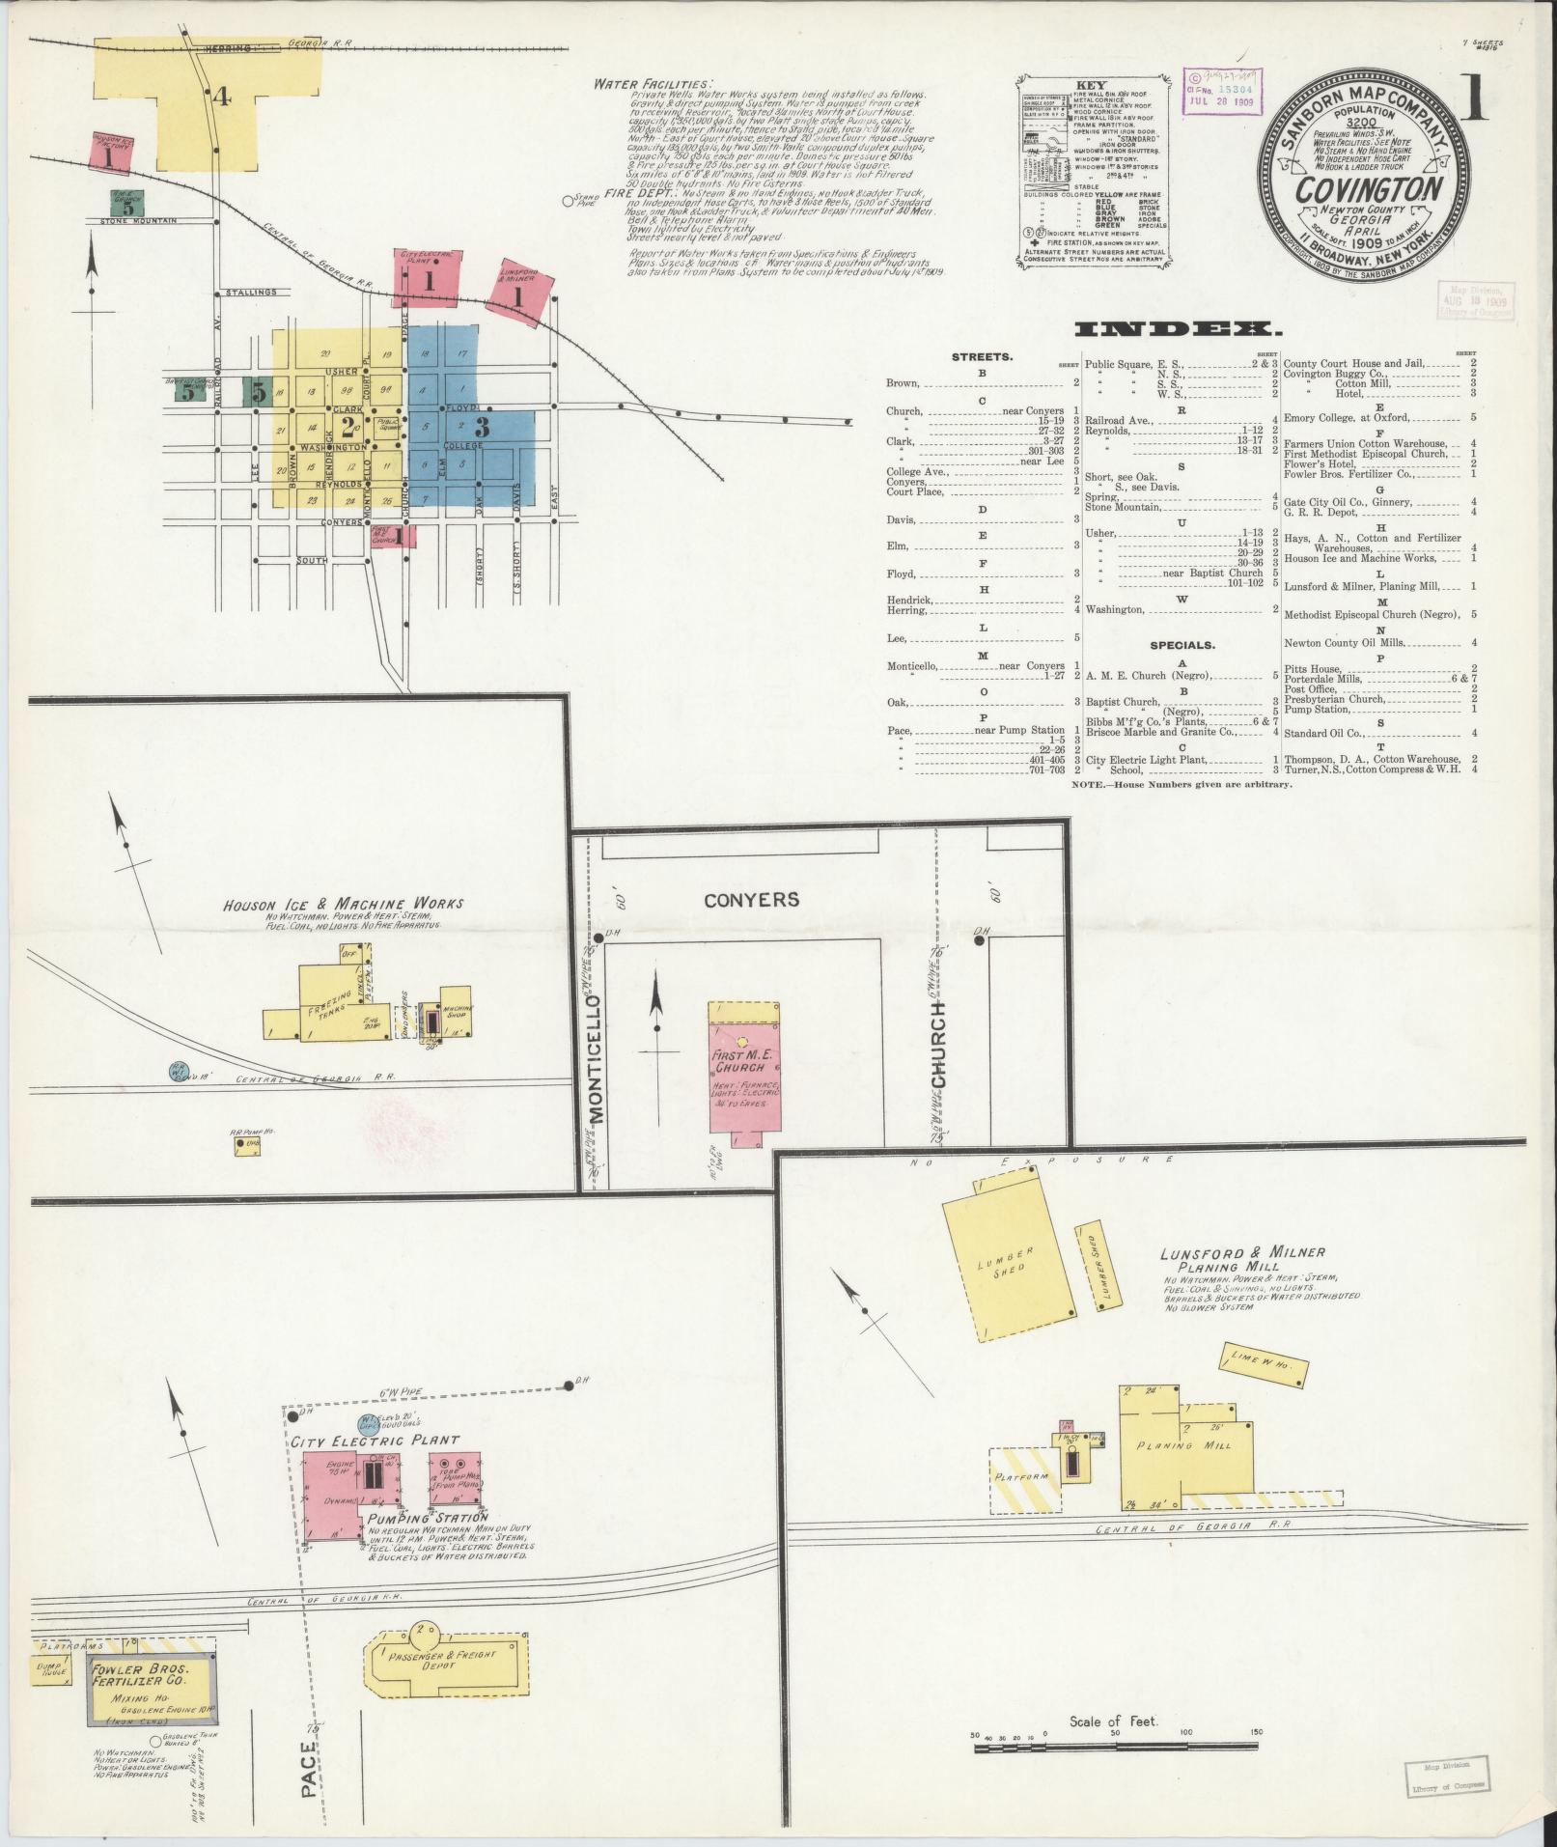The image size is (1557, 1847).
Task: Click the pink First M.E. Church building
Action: (x=742, y=1072)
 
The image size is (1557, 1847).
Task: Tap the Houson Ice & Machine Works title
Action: (x=343, y=904)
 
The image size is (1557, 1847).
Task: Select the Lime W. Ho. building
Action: (x=1265, y=1363)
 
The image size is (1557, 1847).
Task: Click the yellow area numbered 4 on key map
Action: (x=222, y=97)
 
